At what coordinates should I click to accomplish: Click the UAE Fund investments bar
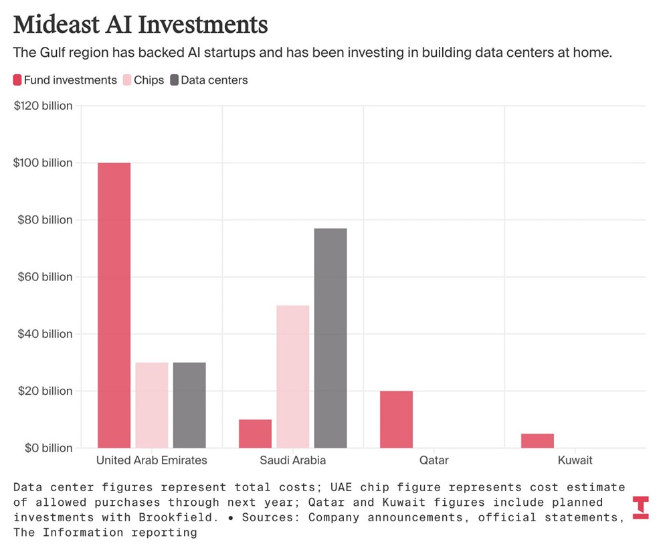point(114,305)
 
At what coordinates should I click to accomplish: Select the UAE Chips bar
point(151,405)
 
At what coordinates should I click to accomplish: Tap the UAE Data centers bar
point(189,405)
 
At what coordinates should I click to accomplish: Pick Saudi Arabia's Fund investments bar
point(255,434)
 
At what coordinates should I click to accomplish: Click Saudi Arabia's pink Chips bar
point(292,376)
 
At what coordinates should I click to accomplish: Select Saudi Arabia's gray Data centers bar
point(330,338)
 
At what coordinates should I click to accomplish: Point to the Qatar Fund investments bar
point(396,419)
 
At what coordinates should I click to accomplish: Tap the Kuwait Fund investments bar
point(537,440)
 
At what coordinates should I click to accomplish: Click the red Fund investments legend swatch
point(17,80)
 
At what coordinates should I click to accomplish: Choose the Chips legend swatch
point(126,80)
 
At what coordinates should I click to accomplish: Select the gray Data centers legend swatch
point(175,80)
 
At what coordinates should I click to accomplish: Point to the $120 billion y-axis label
point(43,106)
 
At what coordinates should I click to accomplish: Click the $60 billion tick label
point(43,277)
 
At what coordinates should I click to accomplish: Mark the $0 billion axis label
point(43,448)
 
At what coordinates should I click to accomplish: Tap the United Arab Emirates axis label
point(152,460)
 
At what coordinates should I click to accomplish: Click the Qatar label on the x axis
point(434,460)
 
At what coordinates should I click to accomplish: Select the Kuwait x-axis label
point(575,460)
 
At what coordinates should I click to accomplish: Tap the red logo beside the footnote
point(640,507)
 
